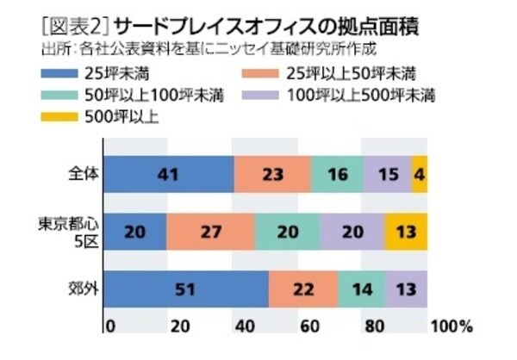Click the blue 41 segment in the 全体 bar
[x=169, y=174]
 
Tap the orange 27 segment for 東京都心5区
[x=210, y=232]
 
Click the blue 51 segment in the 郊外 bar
[x=186, y=289]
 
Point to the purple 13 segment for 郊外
[x=407, y=289]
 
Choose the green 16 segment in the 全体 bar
[x=337, y=174]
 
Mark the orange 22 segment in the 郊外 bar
[x=302, y=289]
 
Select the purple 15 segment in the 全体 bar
[x=388, y=174]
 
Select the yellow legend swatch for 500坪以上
[x=70, y=119]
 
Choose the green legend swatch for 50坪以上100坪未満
[x=70, y=96]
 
